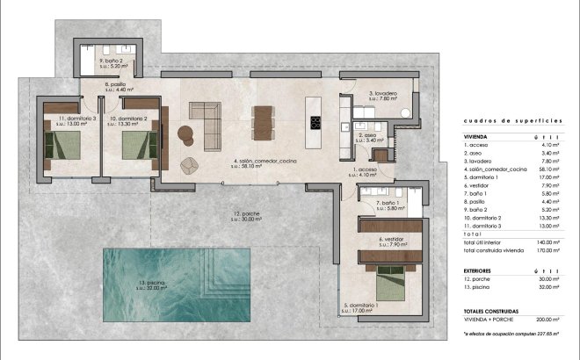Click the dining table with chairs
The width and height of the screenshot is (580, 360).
coord(262,123)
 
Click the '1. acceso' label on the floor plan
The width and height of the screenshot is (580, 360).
coord(365,169)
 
